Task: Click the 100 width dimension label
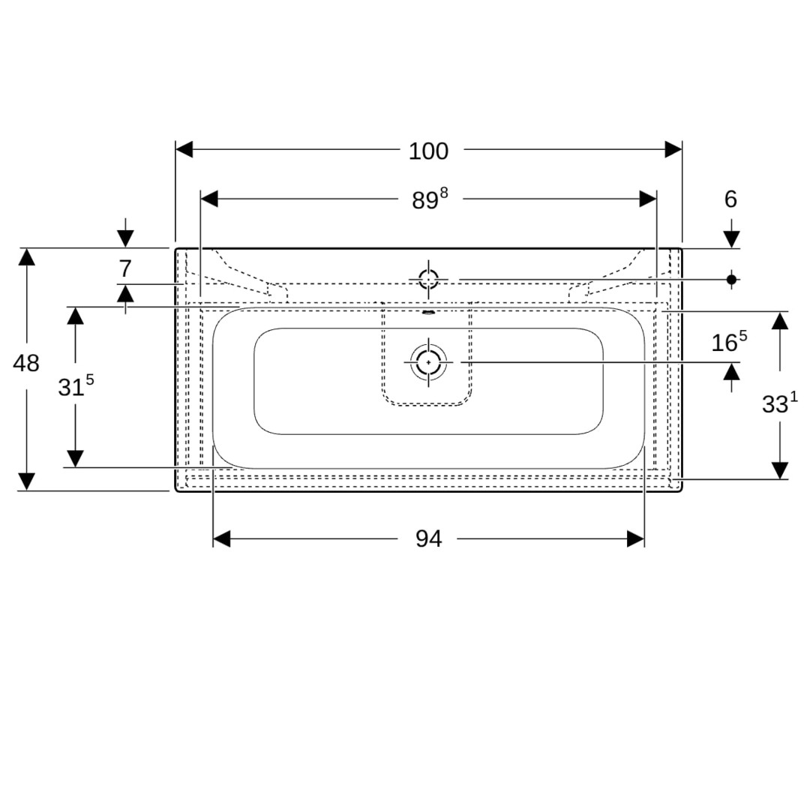(428, 151)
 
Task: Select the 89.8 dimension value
(430, 199)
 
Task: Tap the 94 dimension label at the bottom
(429, 539)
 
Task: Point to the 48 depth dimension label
(25, 364)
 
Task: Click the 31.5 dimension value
(76, 385)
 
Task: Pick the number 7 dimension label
(125, 268)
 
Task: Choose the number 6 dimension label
(730, 199)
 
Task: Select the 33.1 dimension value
(779, 403)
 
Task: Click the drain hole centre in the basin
(428, 362)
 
